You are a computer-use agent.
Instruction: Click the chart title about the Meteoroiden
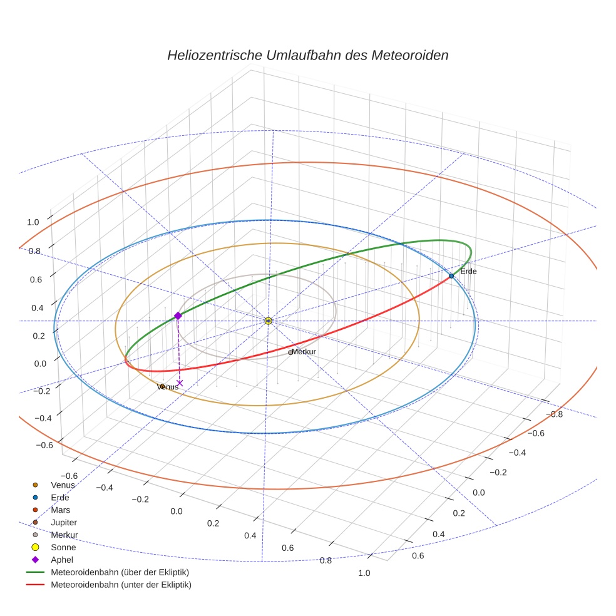pos(307,55)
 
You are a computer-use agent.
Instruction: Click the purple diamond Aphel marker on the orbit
pos(178,316)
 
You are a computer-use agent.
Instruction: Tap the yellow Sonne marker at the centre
pos(268,321)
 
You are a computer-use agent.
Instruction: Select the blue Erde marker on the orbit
pos(451,276)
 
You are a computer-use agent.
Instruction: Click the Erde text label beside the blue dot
pos(468,272)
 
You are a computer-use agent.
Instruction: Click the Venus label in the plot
pos(168,387)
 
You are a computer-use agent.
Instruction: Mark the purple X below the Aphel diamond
pos(180,382)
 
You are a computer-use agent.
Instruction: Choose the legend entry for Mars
pos(60,510)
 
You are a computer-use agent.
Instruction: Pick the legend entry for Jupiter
pos(64,522)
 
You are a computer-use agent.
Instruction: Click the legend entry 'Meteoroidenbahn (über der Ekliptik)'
pos(120,572)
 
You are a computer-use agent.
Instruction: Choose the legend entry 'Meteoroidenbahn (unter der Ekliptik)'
pos(121,585)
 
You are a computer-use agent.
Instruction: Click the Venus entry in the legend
pos(63,485)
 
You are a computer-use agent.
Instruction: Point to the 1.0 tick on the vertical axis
pos(33,222)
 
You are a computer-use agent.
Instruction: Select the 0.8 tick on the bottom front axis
pos(326,560)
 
